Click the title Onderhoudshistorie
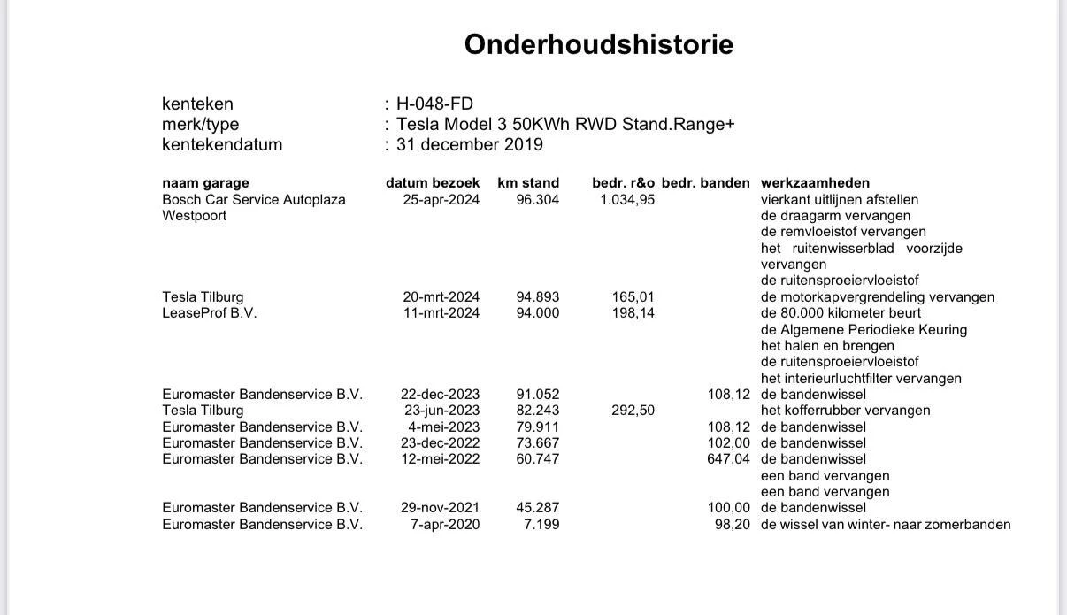point(598,44)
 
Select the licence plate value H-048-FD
point(434,104)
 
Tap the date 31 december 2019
point(469,144)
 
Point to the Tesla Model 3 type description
point(565,124)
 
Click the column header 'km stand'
point(528,183)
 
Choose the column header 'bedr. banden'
point(705,183)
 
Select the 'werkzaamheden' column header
point(815,183)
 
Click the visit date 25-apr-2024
point(441,200)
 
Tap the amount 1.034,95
point(627,200)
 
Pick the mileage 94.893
point(538,297)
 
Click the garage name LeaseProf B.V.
point(210,313)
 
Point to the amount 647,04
point(729,459)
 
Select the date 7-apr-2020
point(446,525)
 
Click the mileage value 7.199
point(541,525)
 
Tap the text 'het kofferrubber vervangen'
point(845,411)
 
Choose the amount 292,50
point(633,411)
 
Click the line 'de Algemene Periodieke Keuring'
point(864,330)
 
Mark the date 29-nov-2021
point(440,508)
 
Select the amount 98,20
point(733,525)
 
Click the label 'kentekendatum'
point(222,144)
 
